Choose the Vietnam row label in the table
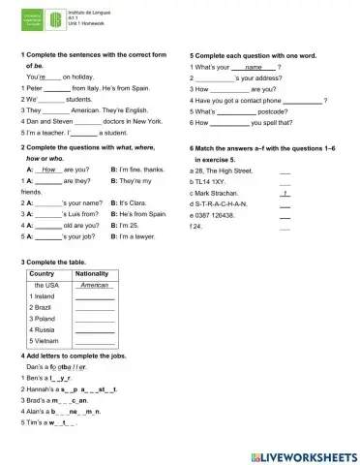[x=46, y=341]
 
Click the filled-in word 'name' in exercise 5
[x=254, y=67]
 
